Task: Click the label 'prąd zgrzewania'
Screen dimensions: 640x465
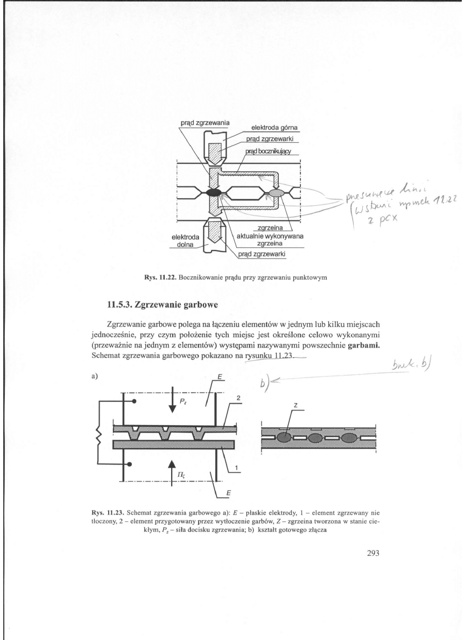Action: pyautogui.click(x=204, y=122)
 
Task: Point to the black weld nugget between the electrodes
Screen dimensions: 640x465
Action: pyautogui.click(x=214, y=191)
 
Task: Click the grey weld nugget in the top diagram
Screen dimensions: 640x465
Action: pyautogui.click(x=276, y=191)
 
